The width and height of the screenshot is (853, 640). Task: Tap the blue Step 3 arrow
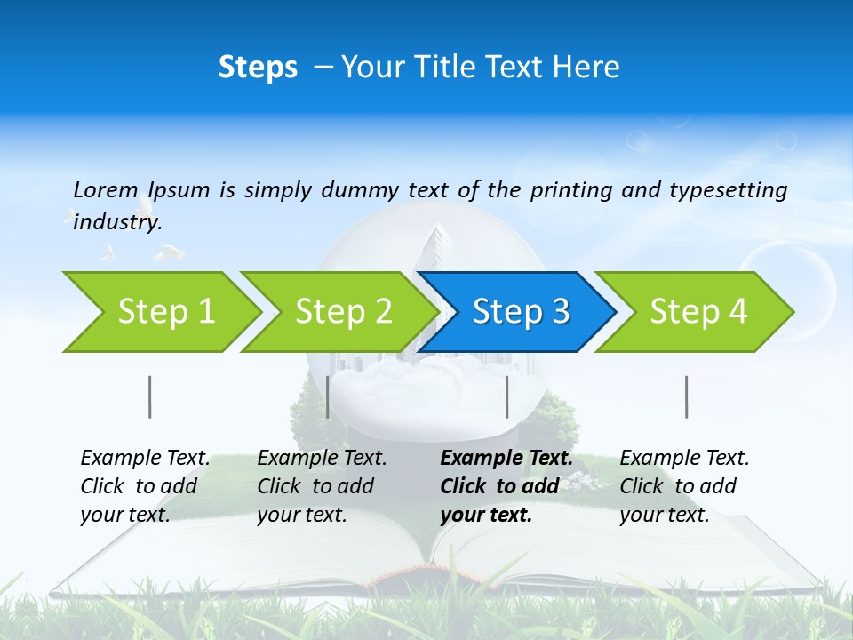pos(521,311)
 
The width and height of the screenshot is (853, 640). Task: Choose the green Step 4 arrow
pos(698,311)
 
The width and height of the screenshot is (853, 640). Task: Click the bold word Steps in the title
pos(258,68)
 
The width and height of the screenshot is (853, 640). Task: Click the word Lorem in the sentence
pos(105,189)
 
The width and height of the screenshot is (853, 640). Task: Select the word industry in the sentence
pos(116,221)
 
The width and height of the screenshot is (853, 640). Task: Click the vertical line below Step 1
pos(150,396)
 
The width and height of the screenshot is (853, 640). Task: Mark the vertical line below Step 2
pos(328,396)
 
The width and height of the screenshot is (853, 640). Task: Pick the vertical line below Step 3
pos(506,396)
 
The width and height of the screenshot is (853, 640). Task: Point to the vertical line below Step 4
pos(686,396)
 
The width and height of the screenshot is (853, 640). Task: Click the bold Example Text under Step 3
pos(506,459)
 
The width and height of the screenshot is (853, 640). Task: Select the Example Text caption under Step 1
pos(145,459)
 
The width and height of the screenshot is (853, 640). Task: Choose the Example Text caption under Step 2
pos(322,459)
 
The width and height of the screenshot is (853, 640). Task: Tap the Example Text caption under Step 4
pos(684,459)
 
